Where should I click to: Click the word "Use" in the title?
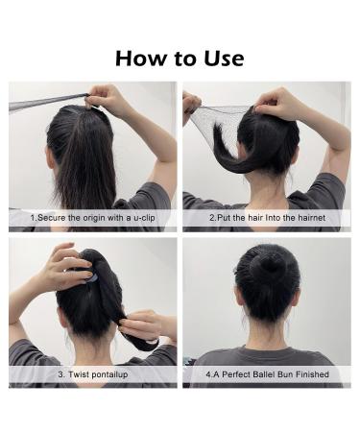point(224,59)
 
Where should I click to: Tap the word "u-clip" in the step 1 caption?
point(144,218)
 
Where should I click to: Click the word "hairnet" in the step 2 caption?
point(312,218)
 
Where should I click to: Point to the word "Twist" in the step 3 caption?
point(80,374)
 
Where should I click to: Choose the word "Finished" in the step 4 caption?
point(312,374)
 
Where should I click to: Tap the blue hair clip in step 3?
point(90,276)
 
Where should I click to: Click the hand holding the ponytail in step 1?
point(104,98)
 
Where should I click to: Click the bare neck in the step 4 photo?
point(268,333)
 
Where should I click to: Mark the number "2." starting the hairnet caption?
point(213,218)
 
